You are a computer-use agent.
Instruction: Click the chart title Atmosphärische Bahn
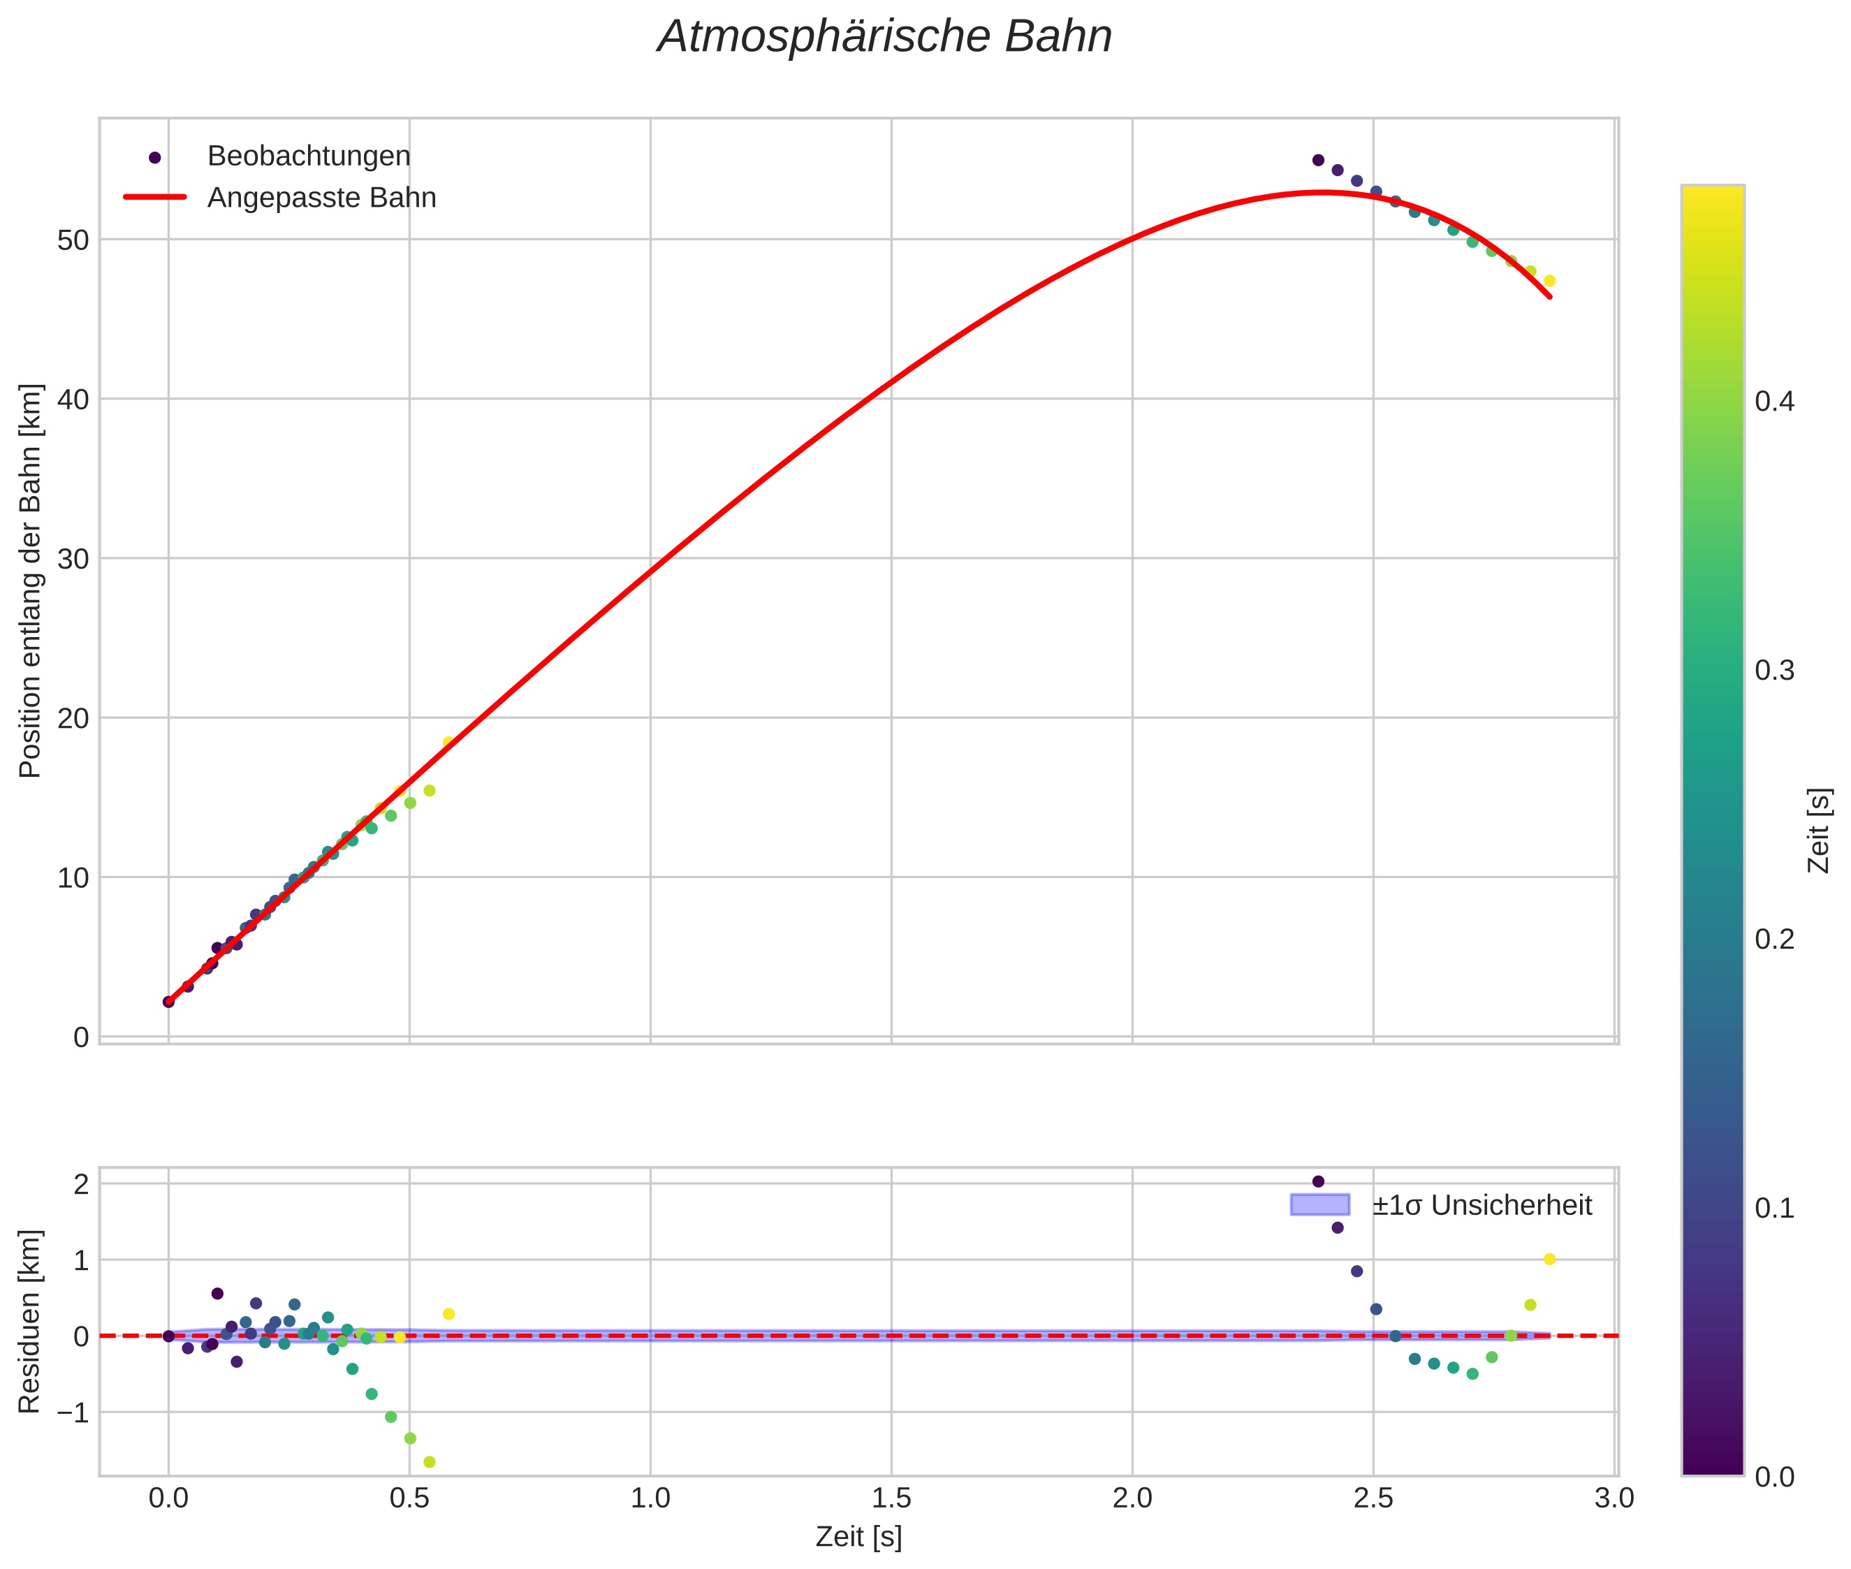(x=884, y=37)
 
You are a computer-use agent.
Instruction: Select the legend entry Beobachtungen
(x=308, y=156)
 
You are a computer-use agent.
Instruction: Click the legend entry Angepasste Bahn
(x=321, y=198)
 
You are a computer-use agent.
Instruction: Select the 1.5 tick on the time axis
(x=891, y=1498)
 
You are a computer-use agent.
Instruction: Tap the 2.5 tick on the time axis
(x=1373, y=1498)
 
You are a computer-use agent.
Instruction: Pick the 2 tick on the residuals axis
(x=81, y=1184)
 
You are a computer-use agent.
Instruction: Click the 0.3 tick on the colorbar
(x=1774, y=671)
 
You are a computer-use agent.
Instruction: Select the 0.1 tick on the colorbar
(x=1774, y=1208)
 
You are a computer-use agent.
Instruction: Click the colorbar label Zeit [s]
(x=1819, y=830)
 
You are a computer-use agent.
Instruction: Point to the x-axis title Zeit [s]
(x=858, y=1537)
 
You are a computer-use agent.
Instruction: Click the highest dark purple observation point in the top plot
(x=1318, y=160)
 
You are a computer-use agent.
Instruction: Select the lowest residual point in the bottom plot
(x=430, y=1462)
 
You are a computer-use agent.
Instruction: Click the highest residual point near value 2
(x=1318, y=1181)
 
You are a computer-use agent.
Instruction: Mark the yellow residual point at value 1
(x=1549, y=1260)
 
